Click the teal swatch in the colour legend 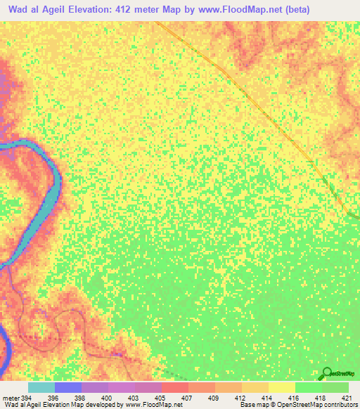point(41,387)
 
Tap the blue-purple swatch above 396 point(68,387)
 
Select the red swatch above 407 point(175,387)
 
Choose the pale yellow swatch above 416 point(282,387)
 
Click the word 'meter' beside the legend point(11,397)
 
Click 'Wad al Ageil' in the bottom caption point(22,405)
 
